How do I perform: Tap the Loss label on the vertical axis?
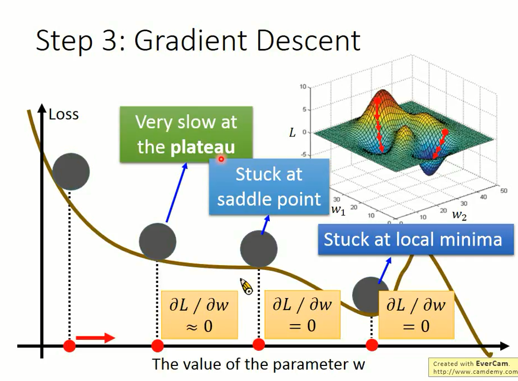coord(63,115)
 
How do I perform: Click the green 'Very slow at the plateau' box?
coord(186,134)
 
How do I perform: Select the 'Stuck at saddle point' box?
coord(269,187)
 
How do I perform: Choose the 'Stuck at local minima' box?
coord(413,240)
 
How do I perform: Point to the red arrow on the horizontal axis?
coord(95,338)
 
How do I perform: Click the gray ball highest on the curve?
coord(71,170)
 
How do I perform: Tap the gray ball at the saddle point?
coord(259,248)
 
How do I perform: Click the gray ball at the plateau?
coord(157,242)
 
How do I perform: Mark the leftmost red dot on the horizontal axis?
coord(69,346)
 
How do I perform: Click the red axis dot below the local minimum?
coord(372,345)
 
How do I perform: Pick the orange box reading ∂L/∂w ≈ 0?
coord(199,315)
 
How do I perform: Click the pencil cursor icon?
coord(246,286)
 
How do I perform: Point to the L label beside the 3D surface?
coord(292,133)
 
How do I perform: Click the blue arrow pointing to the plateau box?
coord(176,193)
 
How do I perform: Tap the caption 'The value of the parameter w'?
coord(258,364)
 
